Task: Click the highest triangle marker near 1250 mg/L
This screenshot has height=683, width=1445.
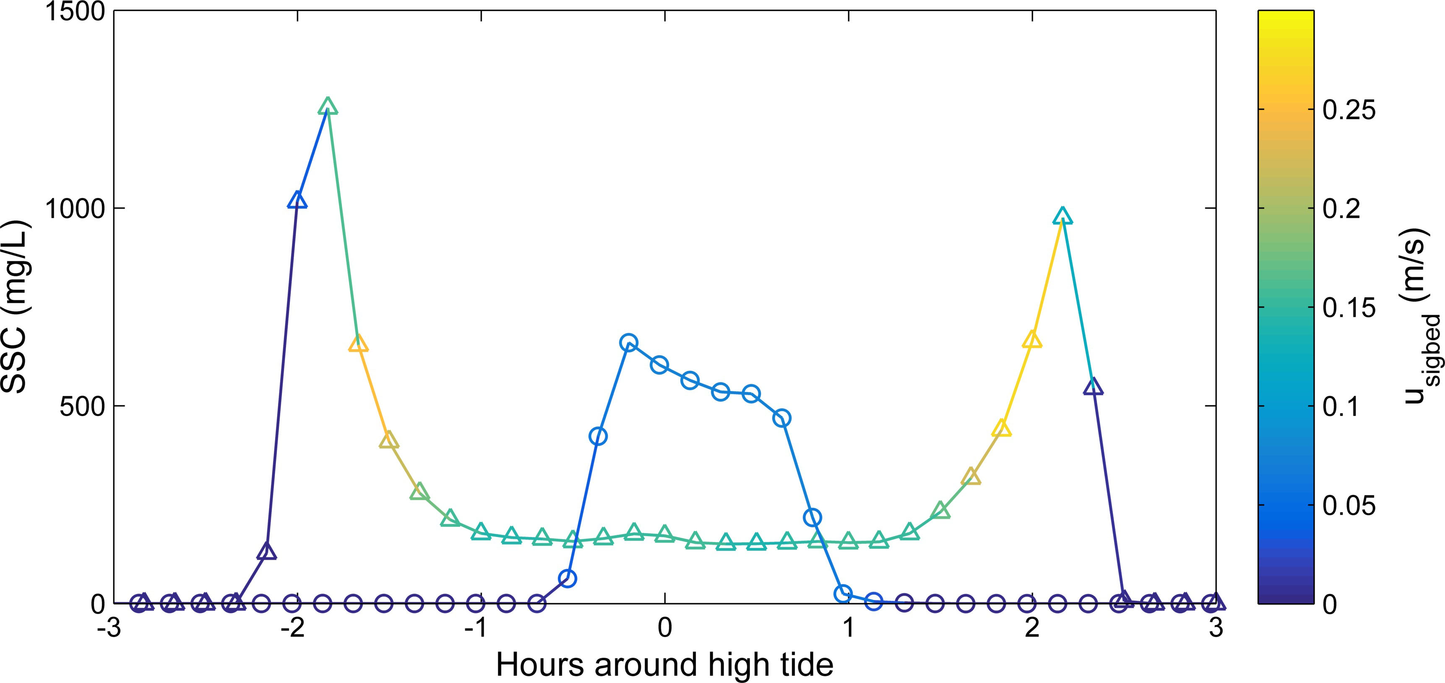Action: point(328,106)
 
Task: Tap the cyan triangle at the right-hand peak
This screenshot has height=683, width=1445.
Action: point(1062,216)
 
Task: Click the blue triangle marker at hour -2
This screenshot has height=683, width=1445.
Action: point(297,201)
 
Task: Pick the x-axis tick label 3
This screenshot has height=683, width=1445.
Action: point(1216,628)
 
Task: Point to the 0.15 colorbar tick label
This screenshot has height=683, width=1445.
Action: point(1349,308)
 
